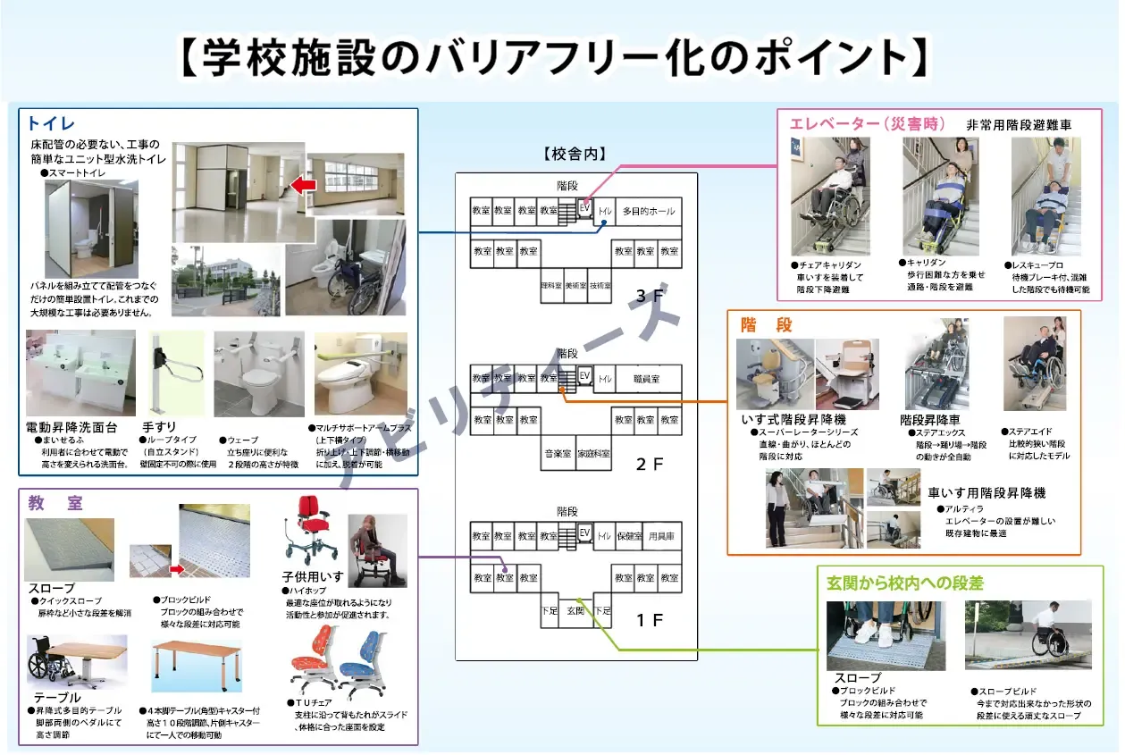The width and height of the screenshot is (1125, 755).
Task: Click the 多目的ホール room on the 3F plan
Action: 649,212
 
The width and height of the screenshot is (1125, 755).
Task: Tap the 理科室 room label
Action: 551,285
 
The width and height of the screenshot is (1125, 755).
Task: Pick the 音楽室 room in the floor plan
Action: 558,453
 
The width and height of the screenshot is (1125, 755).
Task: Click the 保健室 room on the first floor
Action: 630,536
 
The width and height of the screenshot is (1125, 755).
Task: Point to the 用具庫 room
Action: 661,536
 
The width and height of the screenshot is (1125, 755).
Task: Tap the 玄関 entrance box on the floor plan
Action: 575,610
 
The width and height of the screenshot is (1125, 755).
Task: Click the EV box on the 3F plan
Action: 585,206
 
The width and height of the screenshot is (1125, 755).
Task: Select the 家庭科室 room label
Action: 593,453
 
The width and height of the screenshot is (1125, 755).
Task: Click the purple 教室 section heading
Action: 55,503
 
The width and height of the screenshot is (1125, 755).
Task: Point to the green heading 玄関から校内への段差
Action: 904,583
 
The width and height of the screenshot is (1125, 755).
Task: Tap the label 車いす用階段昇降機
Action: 986,493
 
